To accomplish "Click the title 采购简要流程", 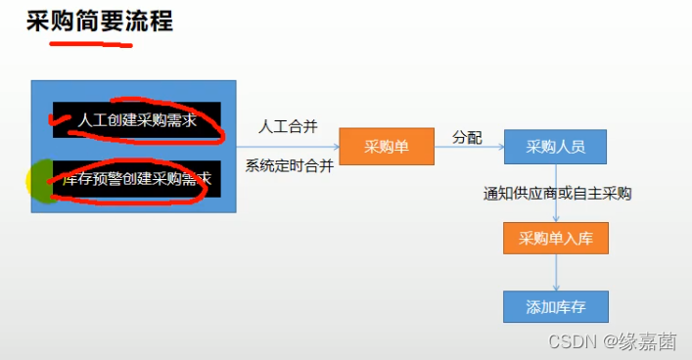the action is click(x=99, y=21).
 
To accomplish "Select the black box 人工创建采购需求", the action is click(x=137, y=120).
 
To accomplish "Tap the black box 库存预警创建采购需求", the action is click(x=137, y=179).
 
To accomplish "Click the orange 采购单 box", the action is click(x=386, y=147).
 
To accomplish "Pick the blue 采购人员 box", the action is click(x=555, y=147).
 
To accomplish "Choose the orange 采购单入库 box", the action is click(x=555, y=238).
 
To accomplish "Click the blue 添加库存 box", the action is click(x=555, y=306).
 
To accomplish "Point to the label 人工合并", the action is click(x=287, y=127).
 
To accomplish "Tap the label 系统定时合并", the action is click(x=289, y=165).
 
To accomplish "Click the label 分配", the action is click(x=466, y=138).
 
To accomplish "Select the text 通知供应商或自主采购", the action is click(x=557, y=193).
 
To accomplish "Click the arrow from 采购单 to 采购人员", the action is click(x=468, y=148).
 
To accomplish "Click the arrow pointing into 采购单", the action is click(x=289, y=148).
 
